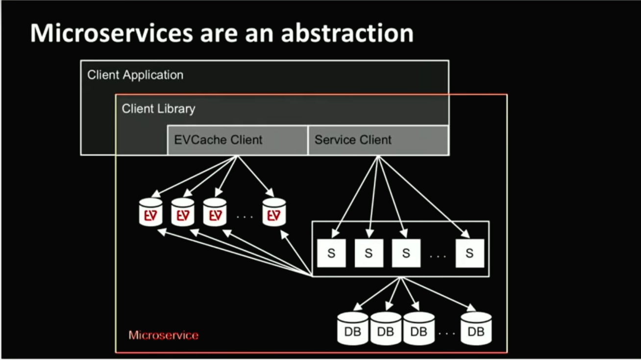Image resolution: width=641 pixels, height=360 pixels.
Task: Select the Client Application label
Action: tap(135, 75)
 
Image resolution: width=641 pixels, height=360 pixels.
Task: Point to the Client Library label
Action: tap(158, 109)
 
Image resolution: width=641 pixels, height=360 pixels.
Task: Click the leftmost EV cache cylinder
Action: tap(150, 212)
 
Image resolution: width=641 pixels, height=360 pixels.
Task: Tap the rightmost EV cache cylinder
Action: tap(274, 212)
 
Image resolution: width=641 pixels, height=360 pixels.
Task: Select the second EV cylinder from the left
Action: tap(183, 212)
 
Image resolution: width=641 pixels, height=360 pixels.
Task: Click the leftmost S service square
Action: tap(331, 253)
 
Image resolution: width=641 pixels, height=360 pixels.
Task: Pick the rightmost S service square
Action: tap(469, 253)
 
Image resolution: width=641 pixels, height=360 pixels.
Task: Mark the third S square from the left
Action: tap(406, 253)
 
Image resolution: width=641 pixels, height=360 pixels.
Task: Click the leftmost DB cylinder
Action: tap(353, 328)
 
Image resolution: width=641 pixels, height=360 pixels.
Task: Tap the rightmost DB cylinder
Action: tap(476, 328)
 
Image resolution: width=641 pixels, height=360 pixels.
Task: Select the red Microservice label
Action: tap(163, 336)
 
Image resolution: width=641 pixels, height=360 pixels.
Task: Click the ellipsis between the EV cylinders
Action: tap(245, 216)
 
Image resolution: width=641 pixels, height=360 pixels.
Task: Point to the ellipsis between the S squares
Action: tap(438, 256)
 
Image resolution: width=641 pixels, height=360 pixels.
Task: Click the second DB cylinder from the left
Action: tap(386, 328)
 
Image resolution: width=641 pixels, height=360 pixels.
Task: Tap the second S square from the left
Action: tap(369, 253)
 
